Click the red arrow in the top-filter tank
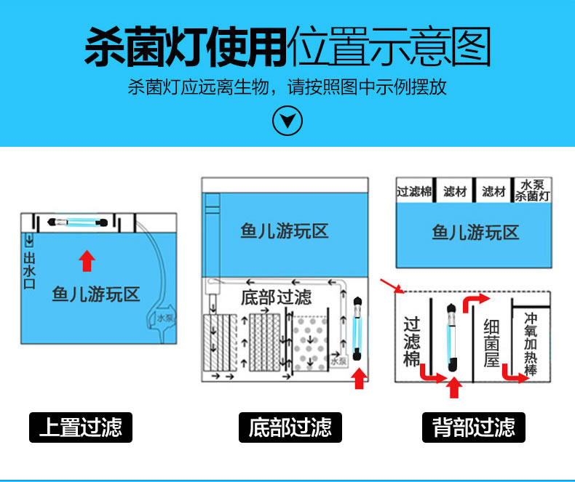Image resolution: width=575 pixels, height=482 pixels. click(87, 260)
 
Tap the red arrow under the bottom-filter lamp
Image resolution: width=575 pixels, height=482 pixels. click(357, 379)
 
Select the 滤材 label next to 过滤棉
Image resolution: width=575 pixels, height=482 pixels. click(455, 191)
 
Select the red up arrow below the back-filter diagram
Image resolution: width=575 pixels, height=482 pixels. click(454, 388)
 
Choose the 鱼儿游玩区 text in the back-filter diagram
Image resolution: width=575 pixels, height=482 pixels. click(475, 233)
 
